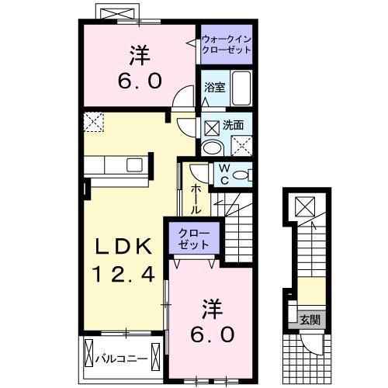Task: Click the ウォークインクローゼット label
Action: [226, 43]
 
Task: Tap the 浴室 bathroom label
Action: [215, 88]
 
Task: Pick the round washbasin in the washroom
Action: [211, 148]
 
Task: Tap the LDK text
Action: [123, 248]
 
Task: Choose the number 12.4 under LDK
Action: [123, 273]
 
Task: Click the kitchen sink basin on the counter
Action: [135, 166]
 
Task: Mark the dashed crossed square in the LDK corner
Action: [95, 121]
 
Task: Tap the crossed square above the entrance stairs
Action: [305, 206]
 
